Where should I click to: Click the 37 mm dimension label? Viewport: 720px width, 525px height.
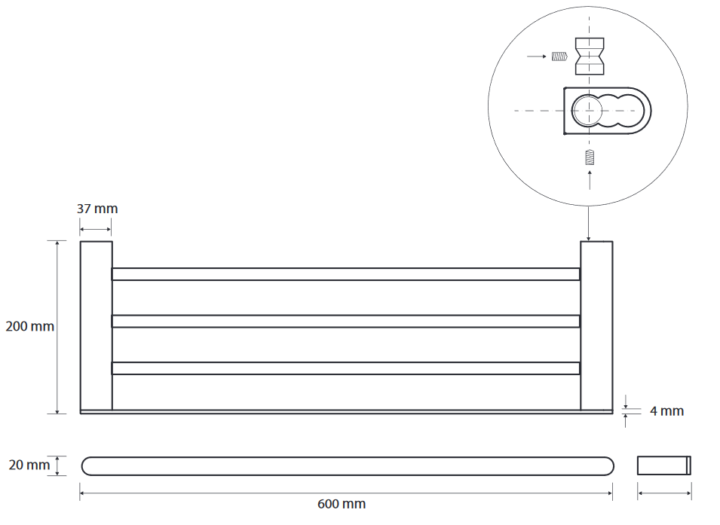[97, 209]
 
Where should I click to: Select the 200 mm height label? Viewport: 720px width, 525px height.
[29, 327]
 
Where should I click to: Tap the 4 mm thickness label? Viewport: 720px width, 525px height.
[666, 411]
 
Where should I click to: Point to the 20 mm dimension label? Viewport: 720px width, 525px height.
[29, 465]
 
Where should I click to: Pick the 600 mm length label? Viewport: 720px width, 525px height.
[342, 504]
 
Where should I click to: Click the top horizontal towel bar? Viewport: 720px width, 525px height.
[345, 274]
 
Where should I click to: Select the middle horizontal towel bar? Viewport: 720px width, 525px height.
[345, 321]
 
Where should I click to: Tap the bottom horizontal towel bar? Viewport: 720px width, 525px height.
[345, 368]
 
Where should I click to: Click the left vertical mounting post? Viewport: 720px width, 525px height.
[97, 325]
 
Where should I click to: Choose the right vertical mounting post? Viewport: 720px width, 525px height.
[596, 325]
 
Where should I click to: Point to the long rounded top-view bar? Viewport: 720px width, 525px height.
[346, 465]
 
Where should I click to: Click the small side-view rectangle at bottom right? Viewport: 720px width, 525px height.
[664, 465]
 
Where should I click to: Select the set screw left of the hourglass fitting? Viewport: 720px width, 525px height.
[559, 56]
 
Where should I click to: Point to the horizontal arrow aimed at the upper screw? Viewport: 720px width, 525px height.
[537, 56]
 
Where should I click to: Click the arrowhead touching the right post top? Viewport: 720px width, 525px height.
[589, 237]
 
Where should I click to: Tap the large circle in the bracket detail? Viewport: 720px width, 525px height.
[587, 111]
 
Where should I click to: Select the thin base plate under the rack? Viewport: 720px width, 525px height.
[346, 412]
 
